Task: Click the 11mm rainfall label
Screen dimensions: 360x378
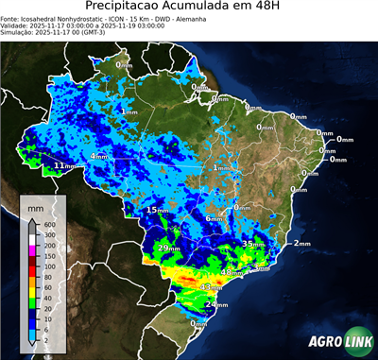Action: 64,166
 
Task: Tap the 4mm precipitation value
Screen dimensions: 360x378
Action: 98,156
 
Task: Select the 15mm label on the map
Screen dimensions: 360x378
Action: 157,210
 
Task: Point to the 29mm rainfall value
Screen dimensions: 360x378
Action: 168,249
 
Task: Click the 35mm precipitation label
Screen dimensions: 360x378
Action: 253,244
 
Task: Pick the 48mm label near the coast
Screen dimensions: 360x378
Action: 232,272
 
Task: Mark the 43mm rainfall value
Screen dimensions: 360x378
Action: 211,286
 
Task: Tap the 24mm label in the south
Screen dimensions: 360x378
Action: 216,305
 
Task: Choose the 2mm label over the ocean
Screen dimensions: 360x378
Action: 302,244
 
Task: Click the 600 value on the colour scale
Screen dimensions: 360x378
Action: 44,223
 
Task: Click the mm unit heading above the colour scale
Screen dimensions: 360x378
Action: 35,207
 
